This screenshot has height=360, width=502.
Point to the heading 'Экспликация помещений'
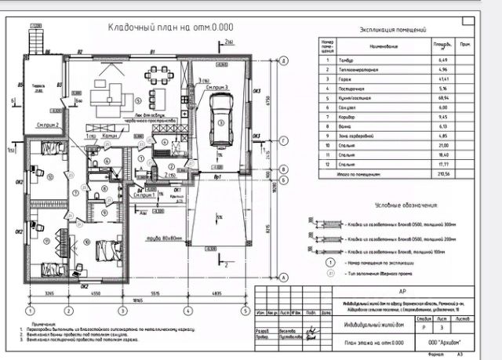391,30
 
